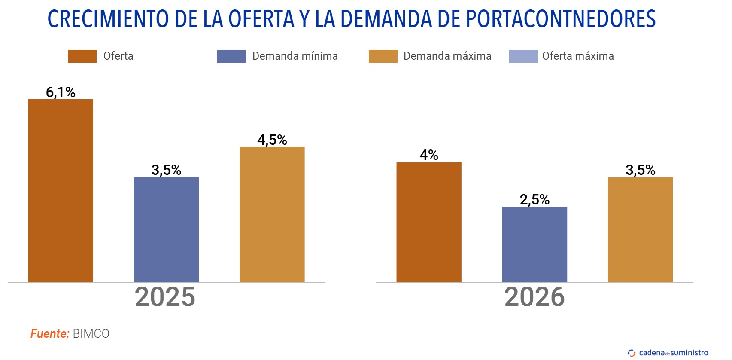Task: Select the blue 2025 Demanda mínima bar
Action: (x=166, y=229)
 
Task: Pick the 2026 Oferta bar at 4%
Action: (x=428, y=222)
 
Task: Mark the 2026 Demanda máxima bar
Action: (x=640, y=229)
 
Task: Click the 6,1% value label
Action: (x=61, y=92)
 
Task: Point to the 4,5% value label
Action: (x=272, y=140)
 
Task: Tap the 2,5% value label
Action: (x=535, y=200)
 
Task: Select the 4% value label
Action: (x=428, y=155)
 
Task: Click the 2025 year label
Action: (x=165, y=297)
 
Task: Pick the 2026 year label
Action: (x=535, y=297)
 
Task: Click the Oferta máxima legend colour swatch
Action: (x=523, y=56)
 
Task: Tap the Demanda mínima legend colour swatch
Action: (x=231, y=56)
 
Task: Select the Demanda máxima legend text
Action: (x=447, y=56)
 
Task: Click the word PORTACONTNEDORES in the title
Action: (x=560, y=19)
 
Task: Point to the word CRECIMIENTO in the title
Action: (x=108, y=19)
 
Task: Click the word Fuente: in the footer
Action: (x=50, y=334)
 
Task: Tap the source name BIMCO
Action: (x=91, y=334)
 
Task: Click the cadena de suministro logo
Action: (x=668, y=353)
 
